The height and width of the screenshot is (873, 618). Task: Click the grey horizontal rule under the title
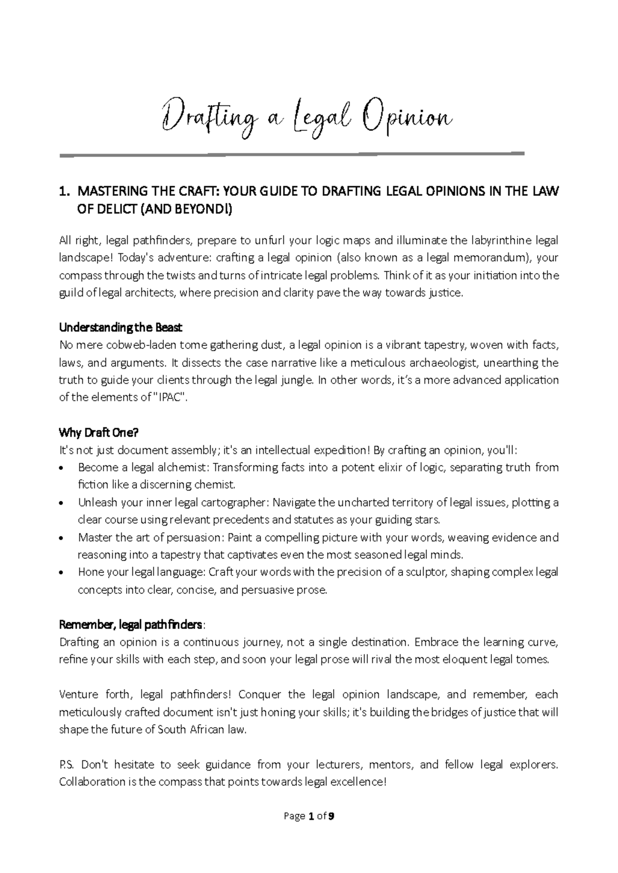[x=291, y=154]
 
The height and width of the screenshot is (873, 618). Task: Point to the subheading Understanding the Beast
[x=121, y=328]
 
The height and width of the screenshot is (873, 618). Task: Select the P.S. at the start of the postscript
[x=67, y=765]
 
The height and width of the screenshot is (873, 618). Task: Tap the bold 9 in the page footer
[x=332, y=816]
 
